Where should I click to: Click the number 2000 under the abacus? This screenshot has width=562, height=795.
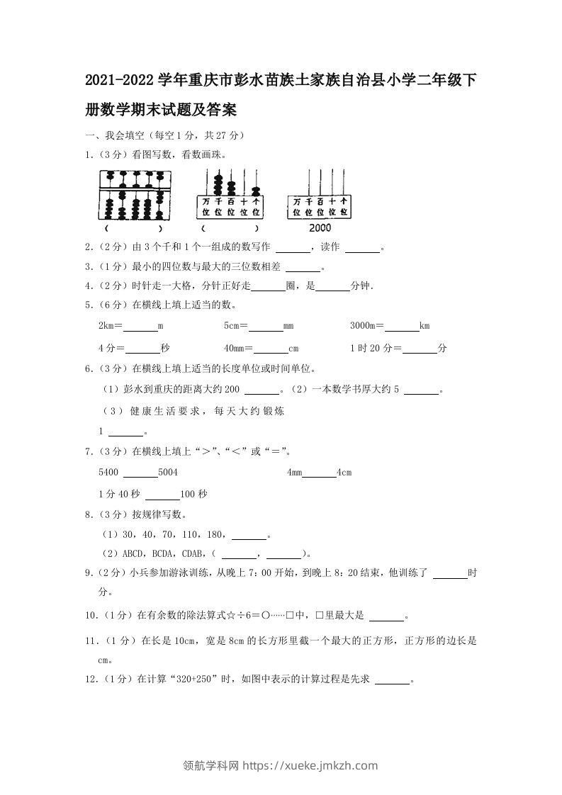(x=320, y=228)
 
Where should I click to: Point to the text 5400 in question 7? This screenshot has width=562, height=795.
(x=108, y=473)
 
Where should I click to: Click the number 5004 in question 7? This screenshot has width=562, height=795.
(x=168, y=473)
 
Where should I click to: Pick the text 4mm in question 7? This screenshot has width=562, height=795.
(x=294, y=473)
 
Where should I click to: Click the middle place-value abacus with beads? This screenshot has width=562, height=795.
(x=229, y=196)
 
